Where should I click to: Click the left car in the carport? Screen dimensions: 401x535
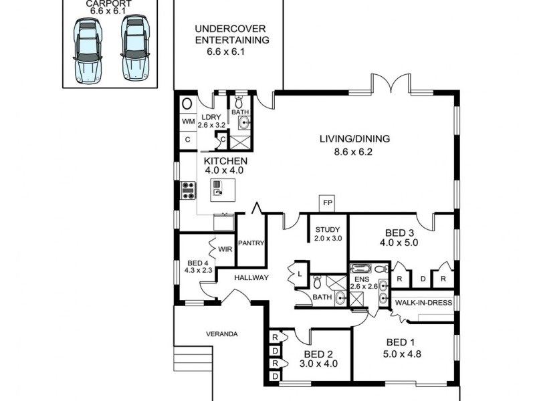[88, 48]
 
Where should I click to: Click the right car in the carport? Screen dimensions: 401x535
[134, 47]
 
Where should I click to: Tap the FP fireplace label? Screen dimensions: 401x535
[327, 203]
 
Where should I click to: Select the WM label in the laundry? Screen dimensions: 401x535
[188, 122]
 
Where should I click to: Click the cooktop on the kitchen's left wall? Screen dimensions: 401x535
[188, 190]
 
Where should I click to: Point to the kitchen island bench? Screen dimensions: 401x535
[218, 189]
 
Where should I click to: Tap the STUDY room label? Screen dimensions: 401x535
[328, 230]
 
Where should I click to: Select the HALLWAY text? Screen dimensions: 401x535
[251, 277]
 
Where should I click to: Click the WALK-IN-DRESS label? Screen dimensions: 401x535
[423, 303]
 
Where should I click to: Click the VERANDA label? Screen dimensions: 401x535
[221, 333]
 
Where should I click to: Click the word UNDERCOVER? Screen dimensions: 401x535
[231, 29]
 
